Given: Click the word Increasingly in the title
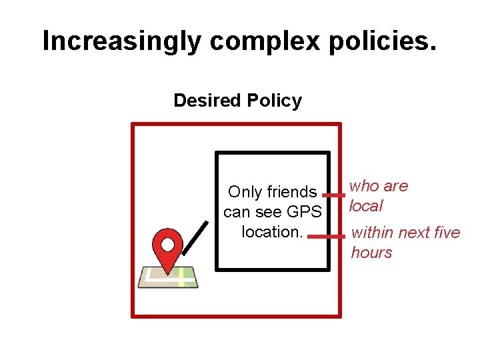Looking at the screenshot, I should (120, 41).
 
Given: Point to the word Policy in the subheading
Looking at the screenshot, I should (274, 101).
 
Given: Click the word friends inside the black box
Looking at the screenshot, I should (290, 192).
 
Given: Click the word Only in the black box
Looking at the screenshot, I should (245, 192).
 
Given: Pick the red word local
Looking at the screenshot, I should (367, 206).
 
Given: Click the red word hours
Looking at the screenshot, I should (371, 253).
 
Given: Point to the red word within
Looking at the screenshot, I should (371, 233).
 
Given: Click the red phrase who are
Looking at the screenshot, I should (379, 186).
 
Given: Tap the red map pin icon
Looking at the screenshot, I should (167, 250).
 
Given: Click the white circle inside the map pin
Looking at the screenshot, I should (167, 243).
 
